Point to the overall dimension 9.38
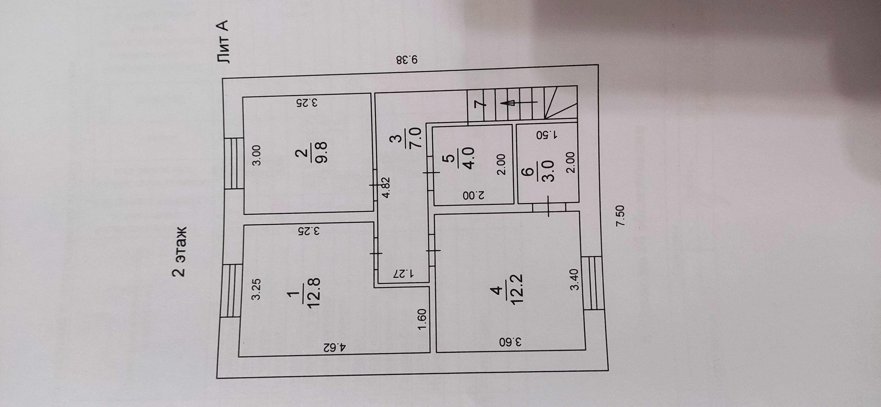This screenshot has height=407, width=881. (x=407, y=60)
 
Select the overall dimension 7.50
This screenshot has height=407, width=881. (x=620, y=215)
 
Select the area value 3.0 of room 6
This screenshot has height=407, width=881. (x=548, y=171)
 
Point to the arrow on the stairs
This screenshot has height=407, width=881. (x=519, y=103)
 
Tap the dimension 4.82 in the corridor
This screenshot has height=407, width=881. (x=387, y=187)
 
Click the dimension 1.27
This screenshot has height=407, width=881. (x=404, y=274)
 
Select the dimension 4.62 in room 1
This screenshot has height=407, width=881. (x=334, y=360)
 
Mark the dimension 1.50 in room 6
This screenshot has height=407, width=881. (x=546, y=135)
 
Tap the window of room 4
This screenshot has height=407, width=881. (x=594, y=283)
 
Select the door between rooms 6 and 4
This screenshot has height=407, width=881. (x=549, y=208)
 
